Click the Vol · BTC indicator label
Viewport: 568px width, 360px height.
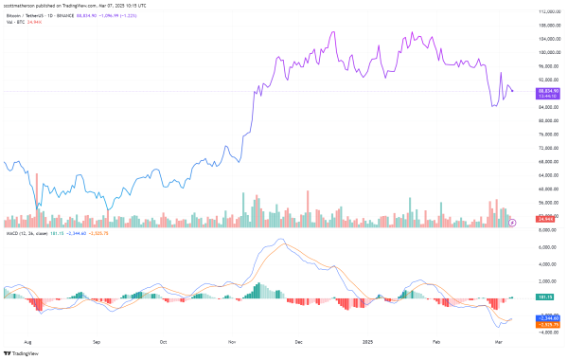point(17,22)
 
